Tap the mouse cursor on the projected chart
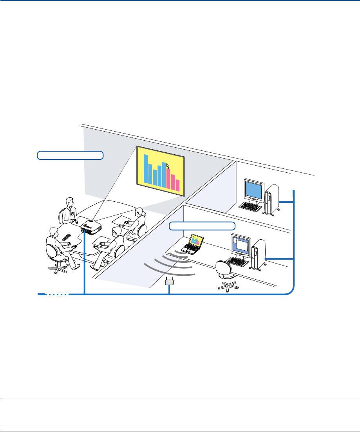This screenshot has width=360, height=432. pyautogui.click(x=168, y=166)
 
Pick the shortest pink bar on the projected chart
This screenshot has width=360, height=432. pyautogui.click(x=177, y=185)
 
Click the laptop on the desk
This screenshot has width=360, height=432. pyautogui.click(x=194, y=244)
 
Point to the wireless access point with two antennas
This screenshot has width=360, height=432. pyautogui.click(x=169, y=281)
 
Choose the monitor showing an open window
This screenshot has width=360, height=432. pyautogui.click(x=241, y=246)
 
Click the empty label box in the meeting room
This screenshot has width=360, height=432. pyautogui.click(x=70, y=155)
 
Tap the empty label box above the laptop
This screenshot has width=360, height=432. pyautogui.click(x=202, y=226)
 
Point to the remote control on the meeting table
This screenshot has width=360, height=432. pyautogui.click(x=66, y=237)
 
